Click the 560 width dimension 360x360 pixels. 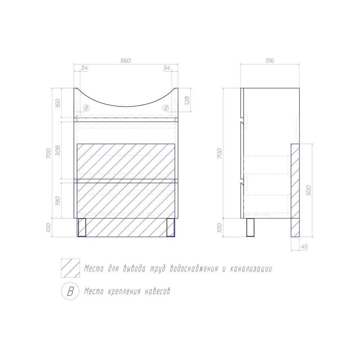point(126,60)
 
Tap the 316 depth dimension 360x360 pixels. point(270,60)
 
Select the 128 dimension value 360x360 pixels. point(187,101)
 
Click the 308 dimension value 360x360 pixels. point(58,150)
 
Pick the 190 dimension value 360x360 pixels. point(58,201)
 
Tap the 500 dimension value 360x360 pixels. point(309,190)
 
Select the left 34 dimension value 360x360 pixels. point(84,68)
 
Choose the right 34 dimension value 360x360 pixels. point(167,68)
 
